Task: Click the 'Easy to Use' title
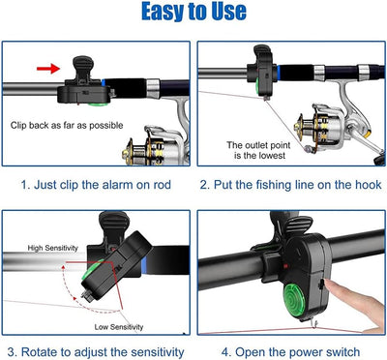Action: pyautogui.click(x=193, y=13)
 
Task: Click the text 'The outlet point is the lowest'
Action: pyautogui.click(x=253, y=151)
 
